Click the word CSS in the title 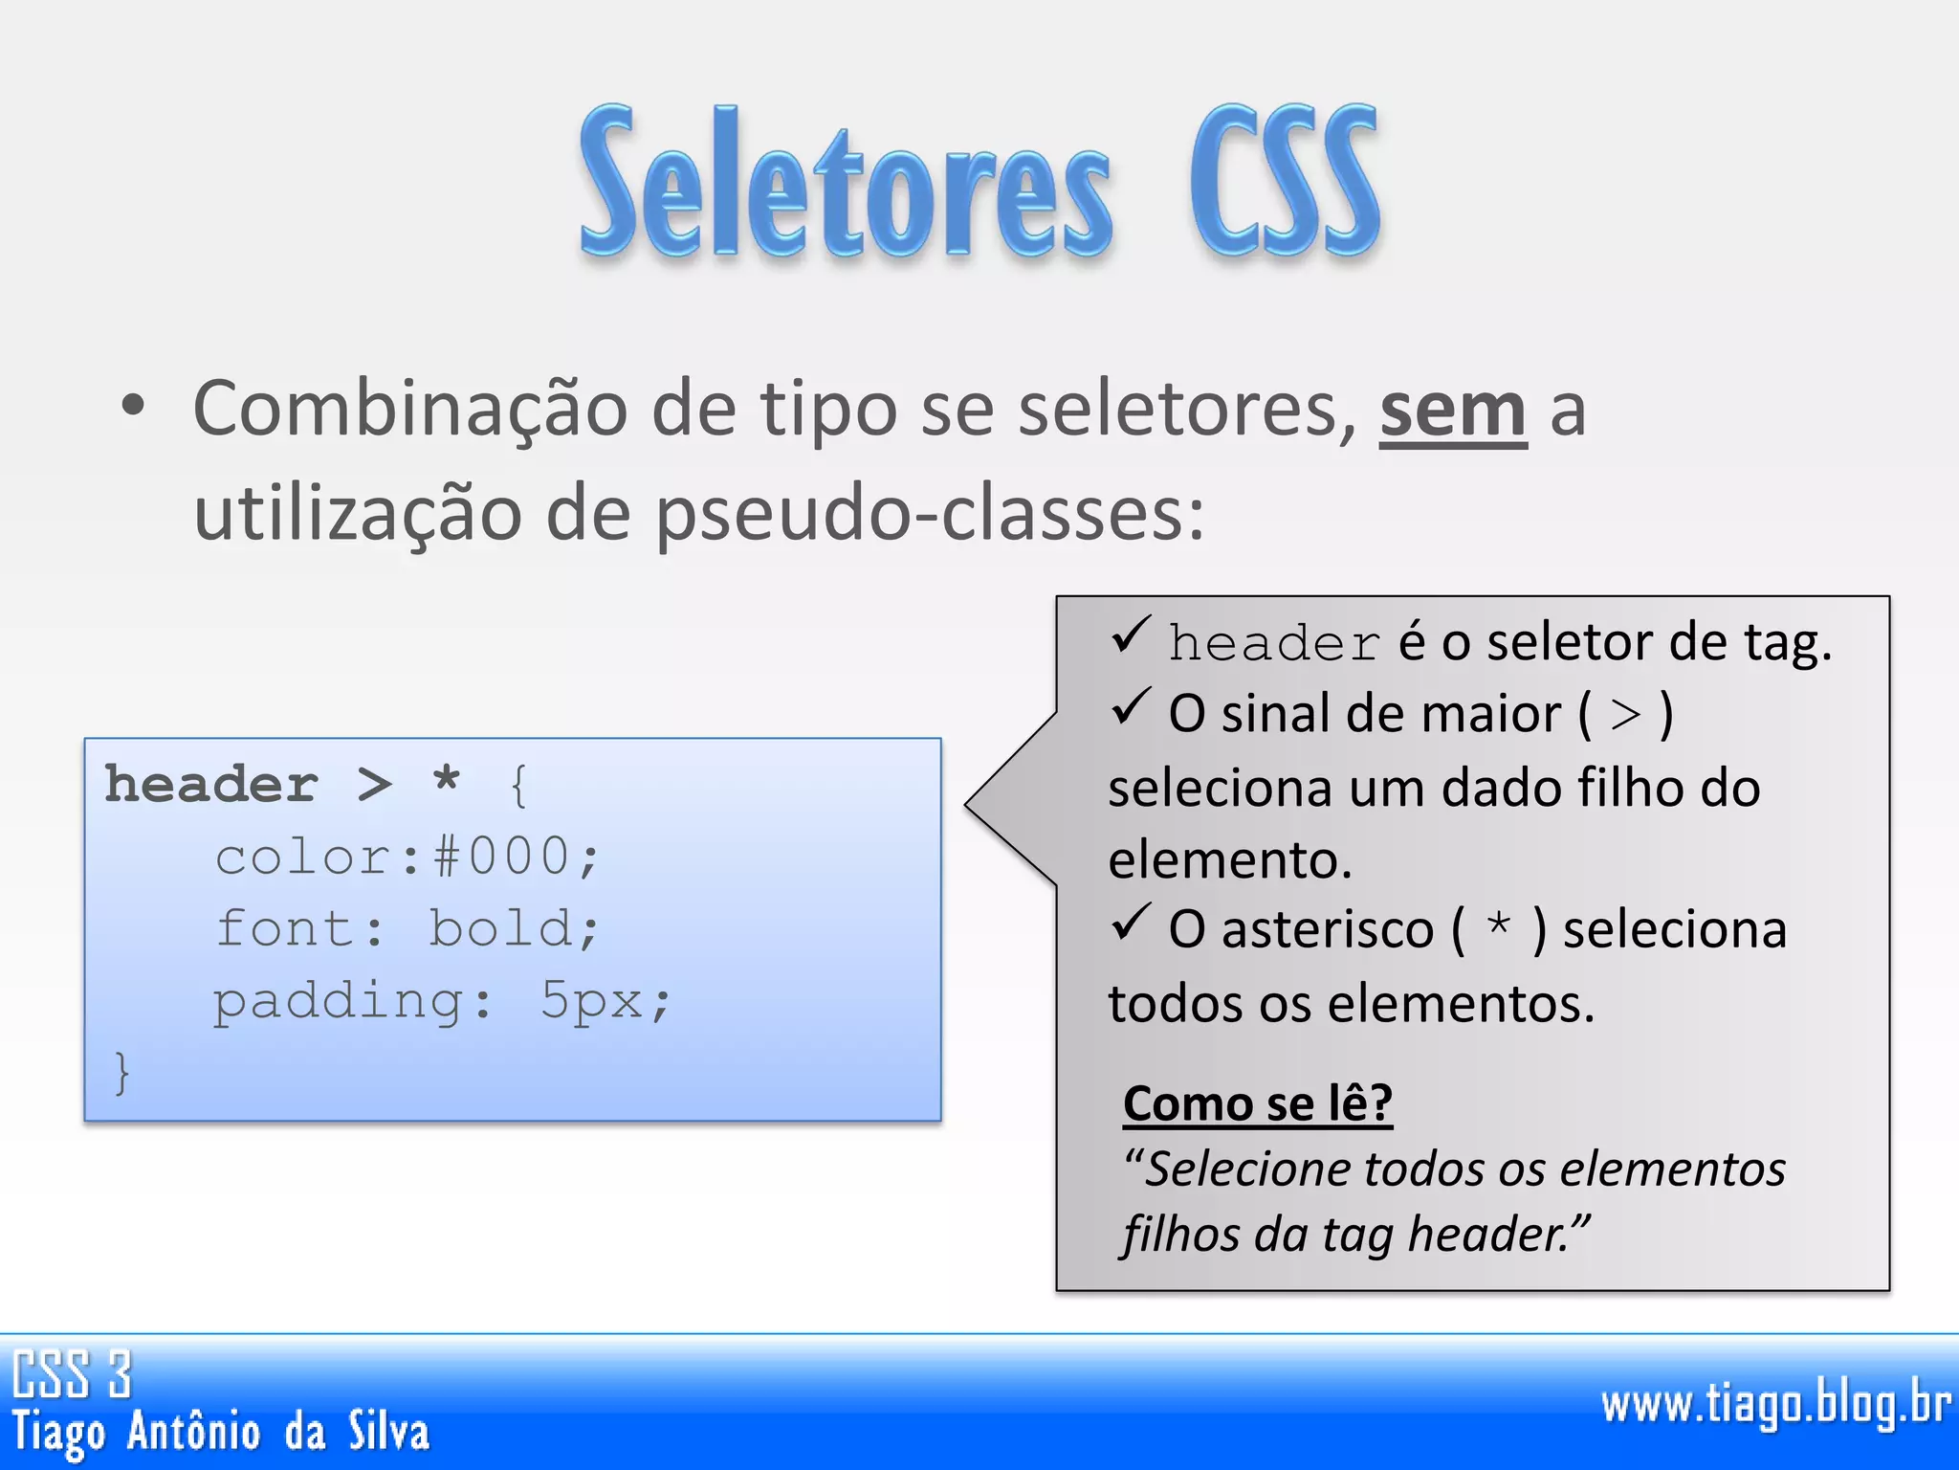pyautogui.click(x=1284, y=182)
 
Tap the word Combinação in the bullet pyautogui.click(x=409, y=410)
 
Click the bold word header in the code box pyautogui.click(x=210, y=785)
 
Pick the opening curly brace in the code pyautogui.click(x=518, y=787)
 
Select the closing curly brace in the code pyautogui.click(x=121, y=1072)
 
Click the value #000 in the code pyautogui.click(x=501, y=857)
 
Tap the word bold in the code pyautogui.click(x=501, y=928)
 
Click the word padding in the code pyautogui.click(x=338, y=1002)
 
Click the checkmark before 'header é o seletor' pyautogui.click(x=1130, y=635)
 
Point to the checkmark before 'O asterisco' pyautogui.click(x=1130, y=923)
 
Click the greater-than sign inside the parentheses pyautogui.click(x=1625, y=715)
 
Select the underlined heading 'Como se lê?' pyautogui.click(x=1257, y=1103)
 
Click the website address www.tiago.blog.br pyautogui.click(x=1775, y=1405)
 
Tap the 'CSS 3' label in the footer pyautogui.click(x=72, y=1374)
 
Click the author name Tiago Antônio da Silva pyautogui.click(x=221, y=1433)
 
